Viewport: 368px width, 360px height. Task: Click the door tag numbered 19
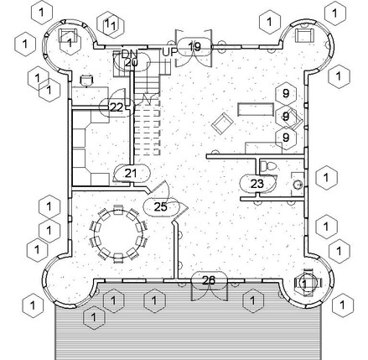tap(194, 47)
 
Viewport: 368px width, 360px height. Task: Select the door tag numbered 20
tap(132, 62)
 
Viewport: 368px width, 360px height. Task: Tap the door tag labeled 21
tap(131, 174)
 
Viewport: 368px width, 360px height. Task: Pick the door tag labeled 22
tap(117, 107)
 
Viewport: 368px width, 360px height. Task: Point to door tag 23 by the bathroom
tap(257, 184)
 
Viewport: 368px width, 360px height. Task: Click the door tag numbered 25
tap(160, 206)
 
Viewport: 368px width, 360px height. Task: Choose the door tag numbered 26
tap(209, 280)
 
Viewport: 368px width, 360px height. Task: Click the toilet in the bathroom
tap(268, 165)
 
